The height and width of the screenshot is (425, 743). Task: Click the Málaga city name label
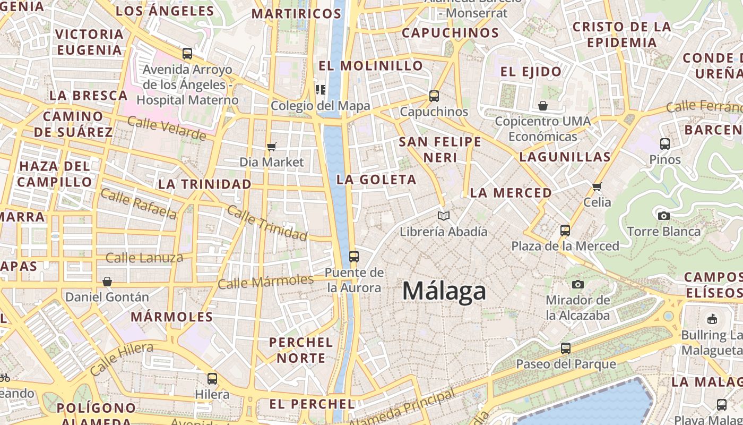click(444, 291)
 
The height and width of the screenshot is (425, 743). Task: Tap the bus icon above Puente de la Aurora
click(353, 257)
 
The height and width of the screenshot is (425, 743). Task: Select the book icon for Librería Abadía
click(444, 216)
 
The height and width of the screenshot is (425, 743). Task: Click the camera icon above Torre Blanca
click(663, 216)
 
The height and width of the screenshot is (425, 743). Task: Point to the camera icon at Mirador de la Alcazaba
click(578, 285)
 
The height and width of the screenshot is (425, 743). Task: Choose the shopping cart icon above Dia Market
click(272, 147)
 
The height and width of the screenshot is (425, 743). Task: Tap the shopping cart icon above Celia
click(597, 186)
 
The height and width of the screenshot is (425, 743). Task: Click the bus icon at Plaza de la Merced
click(565, 231)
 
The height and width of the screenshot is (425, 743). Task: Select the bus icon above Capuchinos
click(434, 96)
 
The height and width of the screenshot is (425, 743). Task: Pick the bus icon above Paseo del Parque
click(566, 348)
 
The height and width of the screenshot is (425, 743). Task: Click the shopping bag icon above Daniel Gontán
click(107, 281)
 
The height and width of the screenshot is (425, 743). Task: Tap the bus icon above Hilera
click(212, 379)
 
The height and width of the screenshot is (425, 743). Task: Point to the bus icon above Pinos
click(665, 143)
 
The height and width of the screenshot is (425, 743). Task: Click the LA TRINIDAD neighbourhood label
click(205, 184)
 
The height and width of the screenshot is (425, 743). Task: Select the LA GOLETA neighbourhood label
click(376, 180)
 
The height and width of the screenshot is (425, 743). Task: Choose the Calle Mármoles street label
click(266, 282)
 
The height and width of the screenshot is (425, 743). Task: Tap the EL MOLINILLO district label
click(370, 66)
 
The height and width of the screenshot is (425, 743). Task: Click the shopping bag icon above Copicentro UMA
click(542, 106)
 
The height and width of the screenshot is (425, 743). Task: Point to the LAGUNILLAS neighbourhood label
click(565, 157)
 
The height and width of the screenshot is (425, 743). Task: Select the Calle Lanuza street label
click(144, 259)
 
